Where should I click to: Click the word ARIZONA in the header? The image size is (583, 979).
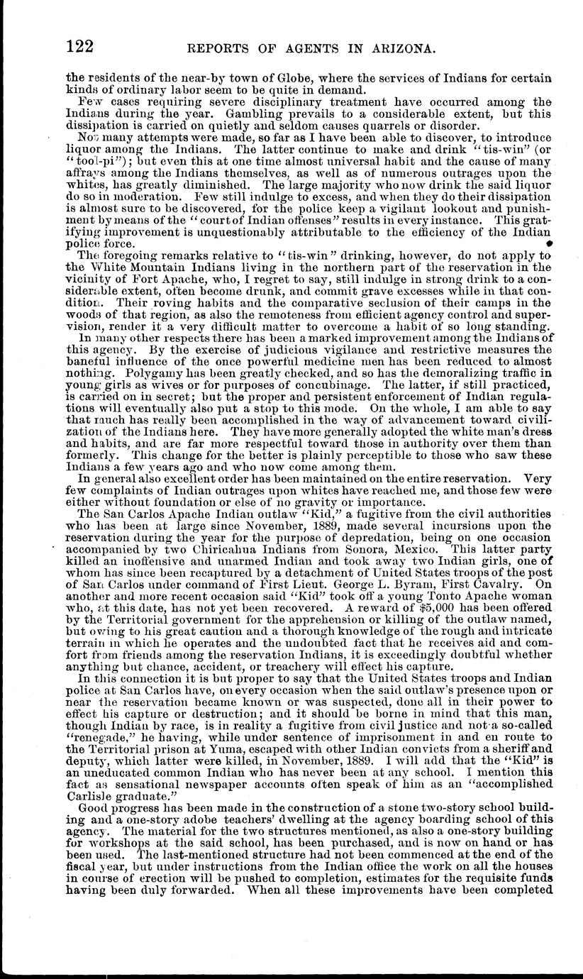pos(400,50)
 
